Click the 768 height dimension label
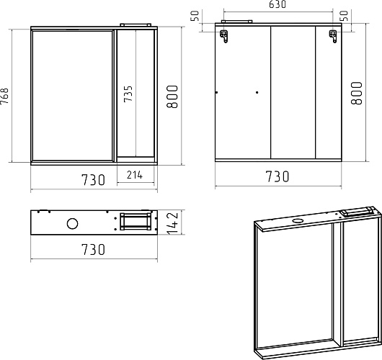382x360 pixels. point(4,96)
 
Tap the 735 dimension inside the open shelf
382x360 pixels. point(128,94)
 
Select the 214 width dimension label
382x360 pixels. point(135,175)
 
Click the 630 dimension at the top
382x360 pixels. point(277,4)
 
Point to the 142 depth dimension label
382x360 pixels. point(173,223)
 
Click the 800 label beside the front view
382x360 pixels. point(172,96)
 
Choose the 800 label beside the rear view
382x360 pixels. point(357,93)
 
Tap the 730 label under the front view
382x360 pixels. point(93,179)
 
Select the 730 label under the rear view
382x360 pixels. point(277,176)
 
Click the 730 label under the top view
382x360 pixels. point(93,249)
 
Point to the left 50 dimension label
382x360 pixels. point(195,16)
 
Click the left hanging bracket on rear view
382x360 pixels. point(224,36)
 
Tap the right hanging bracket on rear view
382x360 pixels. point(333,37)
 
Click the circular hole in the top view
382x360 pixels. point(72,223)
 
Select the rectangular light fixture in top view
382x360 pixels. point(136,221)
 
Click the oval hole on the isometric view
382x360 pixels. point(298,221)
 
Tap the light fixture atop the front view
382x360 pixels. point(136,24)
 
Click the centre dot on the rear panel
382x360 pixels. point(257,92)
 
